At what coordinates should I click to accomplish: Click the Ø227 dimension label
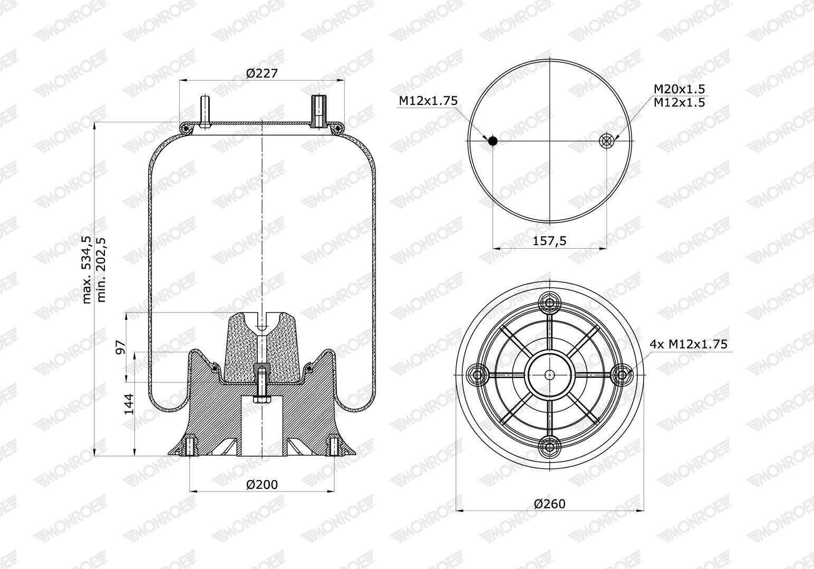tap(261, 73)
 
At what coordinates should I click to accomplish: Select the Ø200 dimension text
tap(261, 484)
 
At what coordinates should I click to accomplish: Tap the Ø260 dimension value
tap(549, 504)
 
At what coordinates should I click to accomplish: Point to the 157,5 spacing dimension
tap(549, 240)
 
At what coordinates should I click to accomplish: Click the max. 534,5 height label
tap(86, 270)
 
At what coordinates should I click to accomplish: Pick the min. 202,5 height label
tap(101, 270)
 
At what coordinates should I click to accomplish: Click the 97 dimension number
tap(121, 347)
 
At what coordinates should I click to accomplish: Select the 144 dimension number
tap(129, 404)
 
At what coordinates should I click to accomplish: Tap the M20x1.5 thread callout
tap(679, 89)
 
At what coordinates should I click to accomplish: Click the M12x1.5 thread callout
tap(679, 102)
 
